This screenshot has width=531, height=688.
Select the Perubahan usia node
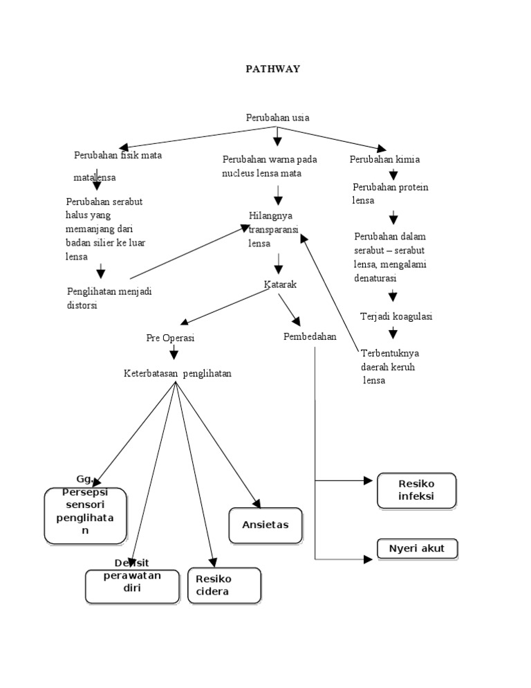point(277,118)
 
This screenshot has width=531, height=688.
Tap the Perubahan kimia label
point(385,160)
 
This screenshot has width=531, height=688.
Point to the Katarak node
point(280,284)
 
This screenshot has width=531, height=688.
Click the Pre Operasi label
point(170,338)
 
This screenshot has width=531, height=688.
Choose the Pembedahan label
point(310,337)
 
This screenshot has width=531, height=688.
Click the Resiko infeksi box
point(416,490)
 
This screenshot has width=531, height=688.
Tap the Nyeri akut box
point(417,549)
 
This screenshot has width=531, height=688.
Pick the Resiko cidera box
point(224,585)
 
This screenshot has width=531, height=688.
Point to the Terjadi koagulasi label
point(396,316)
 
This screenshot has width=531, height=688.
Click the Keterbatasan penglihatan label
point(178,374)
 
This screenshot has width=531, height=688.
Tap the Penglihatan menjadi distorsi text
point(109,298)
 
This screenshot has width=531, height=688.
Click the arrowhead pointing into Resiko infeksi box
point(369,480)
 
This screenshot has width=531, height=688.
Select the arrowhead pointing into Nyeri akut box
point(369,558)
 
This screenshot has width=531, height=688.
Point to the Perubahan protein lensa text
point(390,194)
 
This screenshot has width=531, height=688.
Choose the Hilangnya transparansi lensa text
point(270,229)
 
